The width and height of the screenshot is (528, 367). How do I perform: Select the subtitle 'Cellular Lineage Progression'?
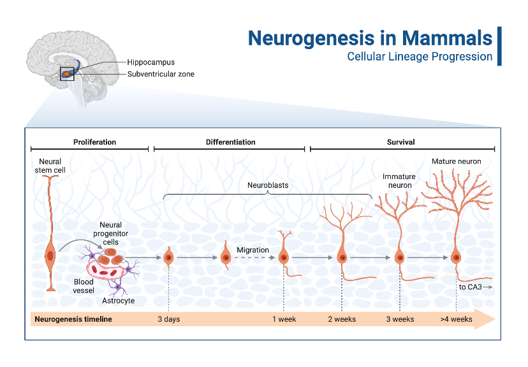pyautogui.click(x=420, y=57)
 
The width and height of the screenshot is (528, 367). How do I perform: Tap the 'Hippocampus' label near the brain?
pyautogui.click(x=150, y=62)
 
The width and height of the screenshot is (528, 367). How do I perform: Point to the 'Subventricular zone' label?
pyautogui.click(x=161, y=74)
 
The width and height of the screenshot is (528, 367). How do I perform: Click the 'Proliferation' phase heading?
pyautogui.click(x=94, y=142)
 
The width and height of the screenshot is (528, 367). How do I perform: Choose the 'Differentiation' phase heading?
pyautogui.click(x=230, y=142)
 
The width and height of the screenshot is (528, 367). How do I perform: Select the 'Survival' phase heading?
pyautogui.click(x=401, y=142)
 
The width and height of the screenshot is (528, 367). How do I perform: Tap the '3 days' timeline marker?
pyautogui.click(x=168, y=319)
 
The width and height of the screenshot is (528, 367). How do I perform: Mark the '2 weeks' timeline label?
pyautogui.click(x=342, y=319)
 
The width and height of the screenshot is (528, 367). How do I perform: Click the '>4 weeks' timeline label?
pyautogui.click(x=457, y=319)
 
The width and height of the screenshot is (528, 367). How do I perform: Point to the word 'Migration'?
pyautogui.click(x=253, y=250)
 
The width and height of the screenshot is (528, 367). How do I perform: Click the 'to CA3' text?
pyautogui.click(x=471, y=287)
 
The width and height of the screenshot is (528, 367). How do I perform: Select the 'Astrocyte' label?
pyautogui.click(x=119, y=301)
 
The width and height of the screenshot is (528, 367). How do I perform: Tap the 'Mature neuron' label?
pyautogui.click(x=456, y=162)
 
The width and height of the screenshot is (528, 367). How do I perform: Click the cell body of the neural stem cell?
pyautogui.click(x=50, y=256)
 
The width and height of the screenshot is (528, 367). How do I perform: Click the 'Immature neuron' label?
pyautogui.click(x=399, y=181)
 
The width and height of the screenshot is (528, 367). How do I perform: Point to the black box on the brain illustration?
pyautogui.click(x=67, y=74)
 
